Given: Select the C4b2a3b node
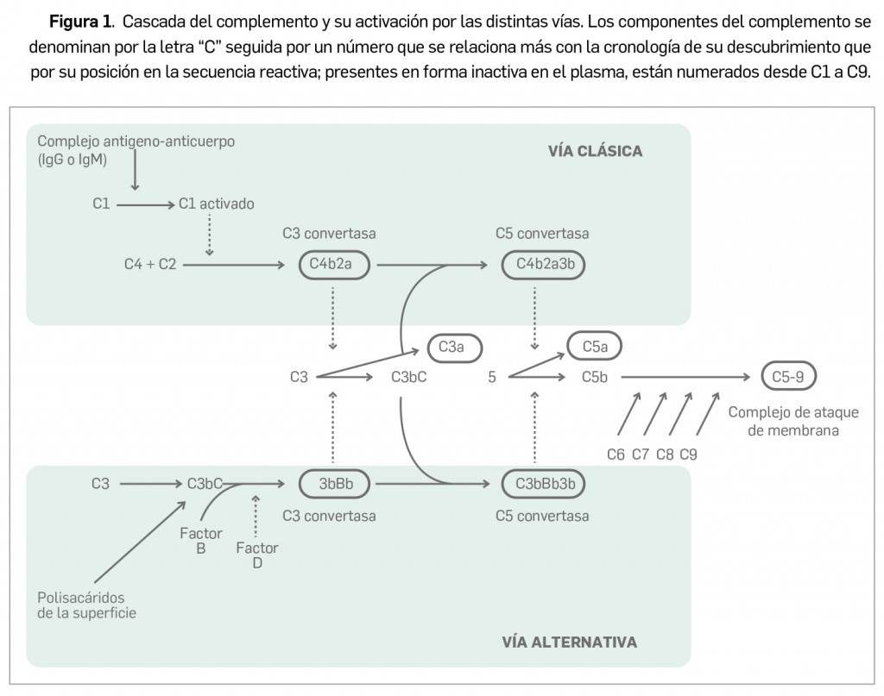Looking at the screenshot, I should pyautogui.click(x=543, y=265).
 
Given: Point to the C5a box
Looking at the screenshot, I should pyautogui.click(x=594, y=347).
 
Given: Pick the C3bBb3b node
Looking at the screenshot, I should pyautogui.click(x=543, y=484).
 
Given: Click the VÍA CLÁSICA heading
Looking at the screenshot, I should pyautogui.click(x=595, y=151).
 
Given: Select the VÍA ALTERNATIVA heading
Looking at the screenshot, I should pyautogui.click(x=570, y=642).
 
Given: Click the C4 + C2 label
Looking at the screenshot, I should pyautogui.click(x=149, y=265).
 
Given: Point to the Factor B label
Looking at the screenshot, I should pyautogui.click(x=201, y=540).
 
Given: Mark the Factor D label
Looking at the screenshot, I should pyautogui.click(x=256, y=555).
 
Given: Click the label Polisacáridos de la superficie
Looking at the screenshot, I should pyautogui.click(x=86, y=605).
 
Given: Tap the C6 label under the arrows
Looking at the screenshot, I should pyautogui.click(x=616, y=455).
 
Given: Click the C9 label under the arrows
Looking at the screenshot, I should pyautogui.click(x=689, y=455).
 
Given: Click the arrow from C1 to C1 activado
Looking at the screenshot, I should pyautogui.click(x=145, y=205).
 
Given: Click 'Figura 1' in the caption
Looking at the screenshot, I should pyautogui.click(x=83, y=19).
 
